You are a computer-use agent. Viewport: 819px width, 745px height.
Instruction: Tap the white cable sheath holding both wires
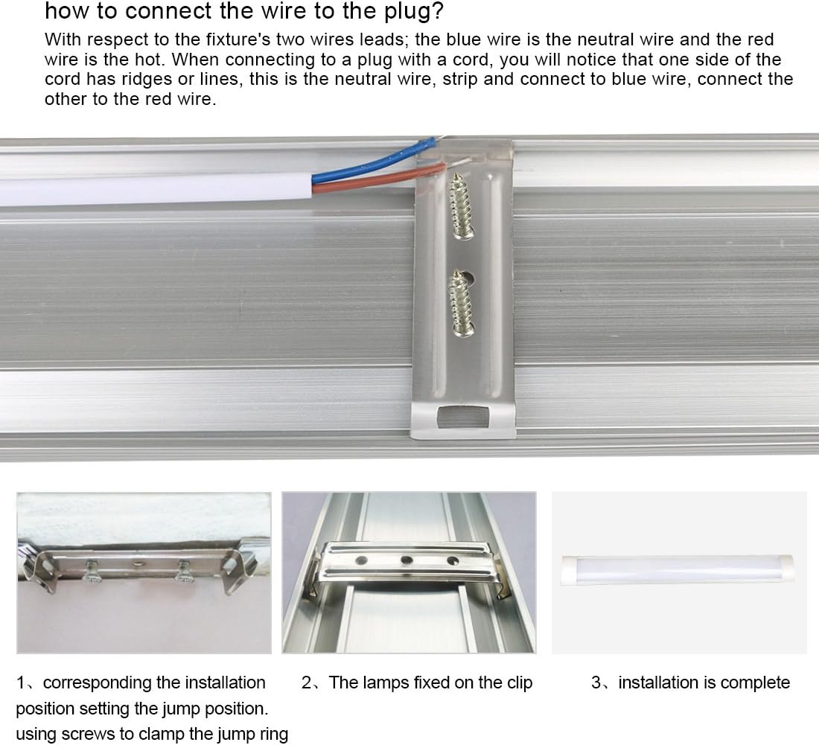click(x=149, y=190)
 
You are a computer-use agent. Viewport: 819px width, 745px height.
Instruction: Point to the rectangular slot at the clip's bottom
click(x=464, y=418)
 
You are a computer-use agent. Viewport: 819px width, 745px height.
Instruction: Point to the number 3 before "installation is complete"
click(x=596, y=682)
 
